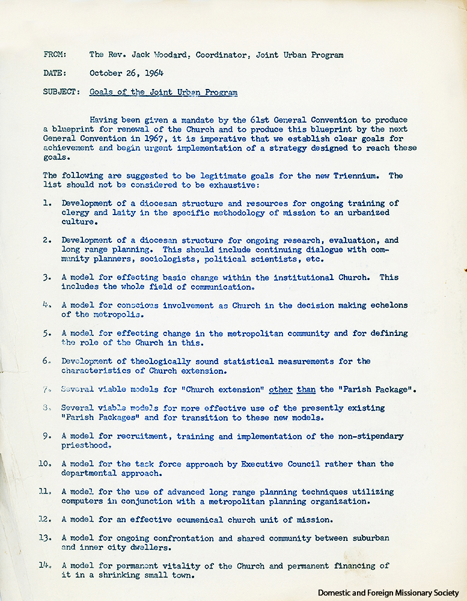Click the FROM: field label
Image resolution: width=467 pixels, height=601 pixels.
click(x=55, y=55)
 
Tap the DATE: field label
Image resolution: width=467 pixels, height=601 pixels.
click(x=55, y=73)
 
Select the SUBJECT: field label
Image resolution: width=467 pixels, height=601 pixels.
click(x=61, y=92)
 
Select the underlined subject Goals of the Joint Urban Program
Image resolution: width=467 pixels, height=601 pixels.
click(x=163, y=92)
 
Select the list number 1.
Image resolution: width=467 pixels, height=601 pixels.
click(x=47, y=203)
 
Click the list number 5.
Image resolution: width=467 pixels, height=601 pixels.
click(x=47, y=333)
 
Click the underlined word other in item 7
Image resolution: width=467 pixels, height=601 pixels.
click(x=280, y=389)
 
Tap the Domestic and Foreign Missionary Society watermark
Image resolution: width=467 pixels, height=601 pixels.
click(x=391, y=592)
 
